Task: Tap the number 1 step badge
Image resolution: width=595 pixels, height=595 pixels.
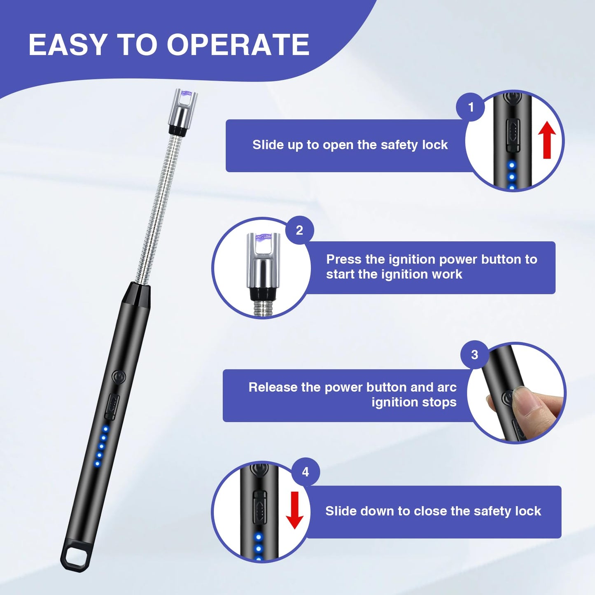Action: (x=471, y=107)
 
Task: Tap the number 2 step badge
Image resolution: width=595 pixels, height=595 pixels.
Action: (x=299, y=230)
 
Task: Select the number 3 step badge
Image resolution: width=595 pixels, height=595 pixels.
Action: (x=474, y=355)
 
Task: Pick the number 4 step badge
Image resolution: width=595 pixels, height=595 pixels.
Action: (x=305, y=472)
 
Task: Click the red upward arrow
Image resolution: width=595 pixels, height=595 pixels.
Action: (x=547, y=140)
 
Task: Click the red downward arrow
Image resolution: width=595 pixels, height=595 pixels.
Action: (x=295, y=510)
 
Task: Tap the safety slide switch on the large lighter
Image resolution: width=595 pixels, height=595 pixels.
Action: (x=111, y=406)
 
